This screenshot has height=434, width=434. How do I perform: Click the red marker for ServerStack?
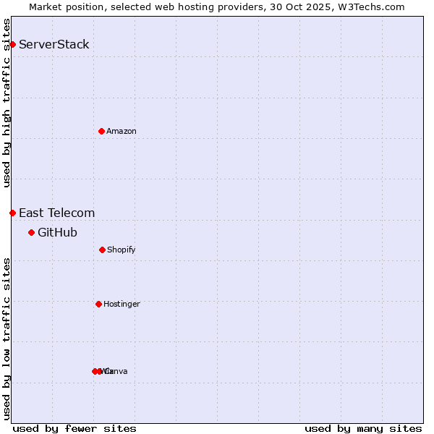12,45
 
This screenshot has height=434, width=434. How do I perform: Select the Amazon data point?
101,131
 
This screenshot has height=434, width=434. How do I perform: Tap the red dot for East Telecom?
12,213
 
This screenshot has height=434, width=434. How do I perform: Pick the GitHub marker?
31,232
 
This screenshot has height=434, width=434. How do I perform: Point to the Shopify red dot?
102,250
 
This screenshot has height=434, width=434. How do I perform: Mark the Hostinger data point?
98,304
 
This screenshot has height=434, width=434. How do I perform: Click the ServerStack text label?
54,45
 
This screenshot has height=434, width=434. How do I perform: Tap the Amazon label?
122,132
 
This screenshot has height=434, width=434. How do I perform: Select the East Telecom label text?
56,213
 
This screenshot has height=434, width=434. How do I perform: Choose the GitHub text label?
57,232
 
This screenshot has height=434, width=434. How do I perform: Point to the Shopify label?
122,250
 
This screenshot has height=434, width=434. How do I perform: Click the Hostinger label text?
122,305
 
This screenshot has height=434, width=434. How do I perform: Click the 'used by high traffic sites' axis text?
7,103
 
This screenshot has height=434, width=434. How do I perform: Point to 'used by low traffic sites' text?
7,339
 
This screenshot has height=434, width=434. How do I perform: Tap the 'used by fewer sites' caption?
75,428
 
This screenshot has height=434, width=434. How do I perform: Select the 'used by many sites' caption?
363,428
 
